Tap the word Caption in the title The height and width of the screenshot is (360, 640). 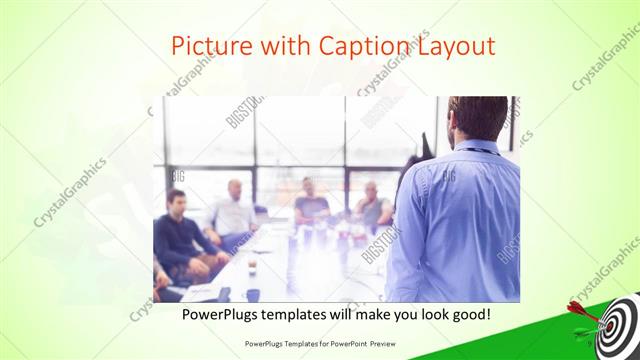point(362,46)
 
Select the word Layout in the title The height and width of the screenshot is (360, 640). point(453,46)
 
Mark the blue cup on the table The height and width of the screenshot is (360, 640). point(253,295)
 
